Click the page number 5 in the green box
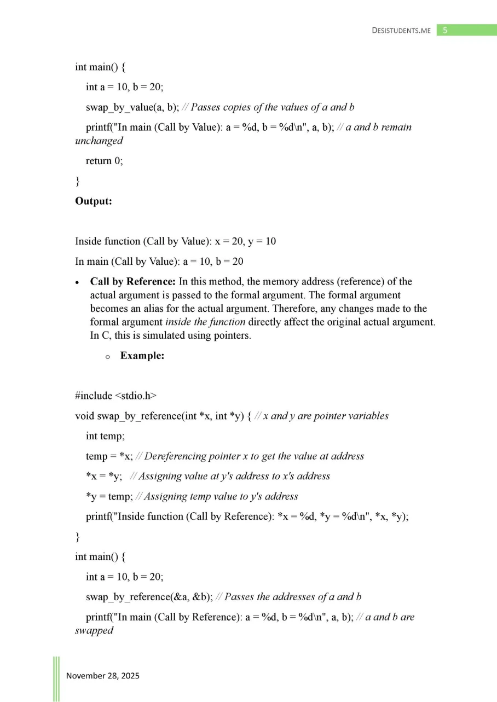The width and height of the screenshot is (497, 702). tap(445, 30)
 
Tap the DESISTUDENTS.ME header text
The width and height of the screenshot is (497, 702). tap(401, 31)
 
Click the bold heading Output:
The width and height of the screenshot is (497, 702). tap(94, 201)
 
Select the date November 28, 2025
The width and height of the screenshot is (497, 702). tap(103, 676)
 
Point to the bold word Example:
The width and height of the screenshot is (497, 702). tap(142, 356)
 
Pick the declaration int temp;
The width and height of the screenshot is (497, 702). tap(106, 436)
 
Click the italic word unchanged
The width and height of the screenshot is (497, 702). tap(99, 141)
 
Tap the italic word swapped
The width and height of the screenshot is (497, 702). tap(94, 630)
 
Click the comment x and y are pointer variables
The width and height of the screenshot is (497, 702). tap(326, 416)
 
